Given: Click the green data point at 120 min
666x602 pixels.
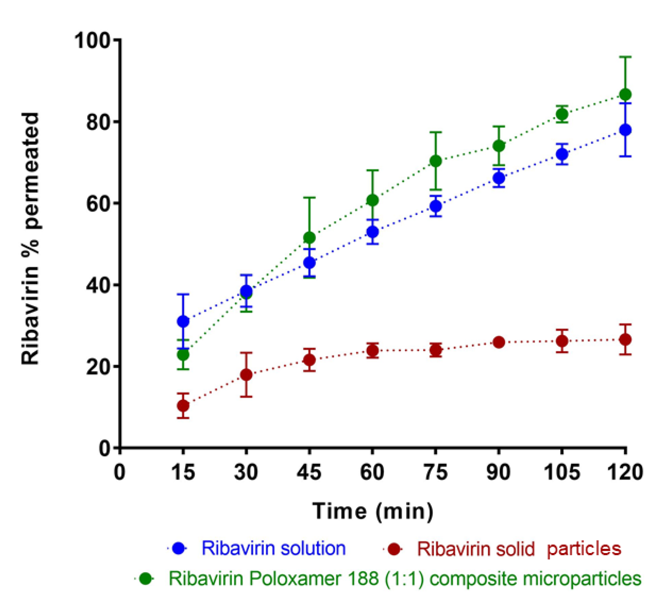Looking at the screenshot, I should coord(625,95).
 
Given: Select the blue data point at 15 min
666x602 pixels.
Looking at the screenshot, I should coord(183,321).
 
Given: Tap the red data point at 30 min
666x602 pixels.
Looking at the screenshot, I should coord(246,375).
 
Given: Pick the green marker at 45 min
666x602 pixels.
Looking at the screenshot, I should coord(309,237).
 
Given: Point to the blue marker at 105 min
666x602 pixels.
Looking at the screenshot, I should coord(562,154).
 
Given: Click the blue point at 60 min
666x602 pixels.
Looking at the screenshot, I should coord(372,232).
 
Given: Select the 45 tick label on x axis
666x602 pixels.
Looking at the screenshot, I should coord(309,472).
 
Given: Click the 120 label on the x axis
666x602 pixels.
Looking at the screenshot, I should coord(625,472).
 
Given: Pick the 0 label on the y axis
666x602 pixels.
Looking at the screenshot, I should coord(106,448).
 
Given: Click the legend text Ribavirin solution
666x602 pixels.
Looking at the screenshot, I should coord(274,548).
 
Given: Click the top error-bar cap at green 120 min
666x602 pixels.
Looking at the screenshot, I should coord(625,57).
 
